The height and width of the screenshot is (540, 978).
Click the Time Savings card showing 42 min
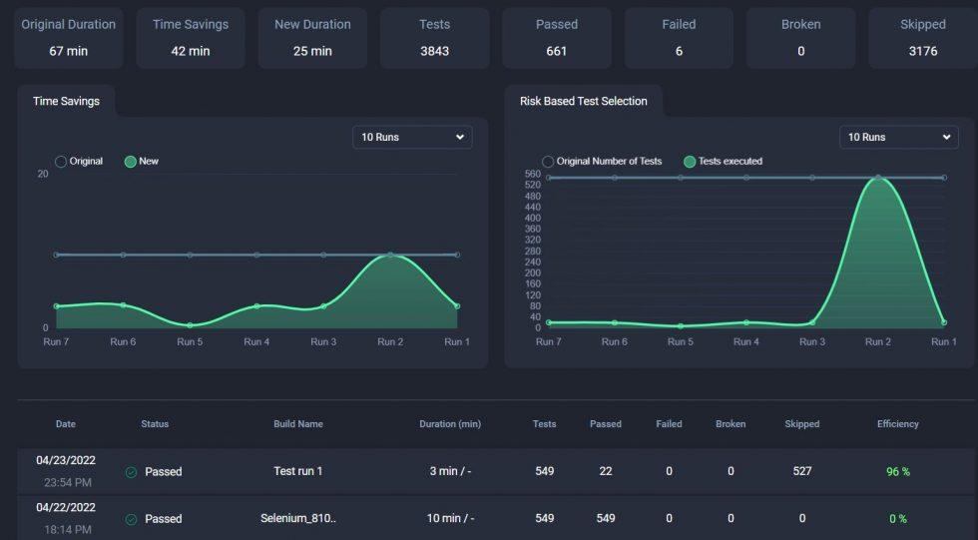tap(191, 38)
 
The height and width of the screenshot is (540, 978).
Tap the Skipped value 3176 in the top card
tap(922, 51)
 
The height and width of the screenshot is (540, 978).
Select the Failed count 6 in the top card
tap(679, 51)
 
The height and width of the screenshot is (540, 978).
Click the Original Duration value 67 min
tap(68, 51)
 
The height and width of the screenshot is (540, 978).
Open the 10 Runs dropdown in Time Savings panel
tap(412, 137)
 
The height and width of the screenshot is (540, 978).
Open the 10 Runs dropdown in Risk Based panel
tap(899, 137)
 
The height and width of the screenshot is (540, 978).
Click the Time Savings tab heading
tap(66, 101)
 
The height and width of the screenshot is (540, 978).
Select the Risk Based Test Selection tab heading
tap(583, 101)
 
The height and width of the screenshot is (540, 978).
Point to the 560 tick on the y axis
tap(532, 175)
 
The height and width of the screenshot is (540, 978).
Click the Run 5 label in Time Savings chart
tap(190, 341)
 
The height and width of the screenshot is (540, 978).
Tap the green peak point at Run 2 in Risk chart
tap(877, 178)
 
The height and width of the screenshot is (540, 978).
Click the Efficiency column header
tap(897, 424)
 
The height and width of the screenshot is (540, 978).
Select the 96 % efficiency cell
tap(897, 472)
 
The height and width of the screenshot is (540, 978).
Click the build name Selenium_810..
tap(297, 519)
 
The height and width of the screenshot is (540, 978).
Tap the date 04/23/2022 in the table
tap(66, 460)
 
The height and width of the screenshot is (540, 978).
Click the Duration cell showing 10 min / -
tap(450, 519)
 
